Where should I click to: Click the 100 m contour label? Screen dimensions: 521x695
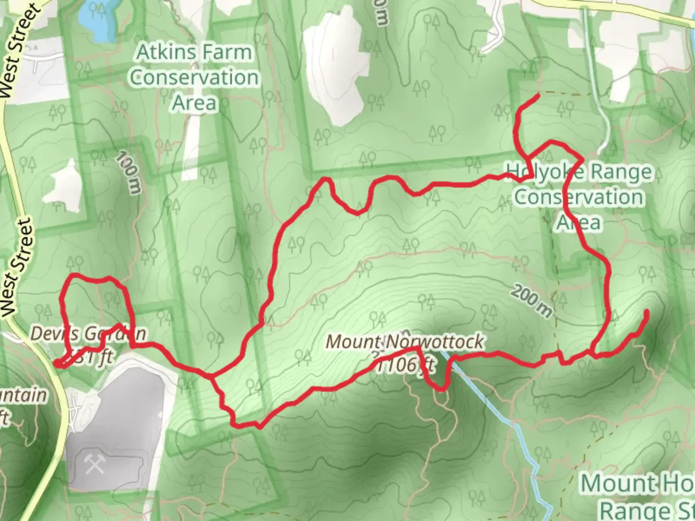point(129,172)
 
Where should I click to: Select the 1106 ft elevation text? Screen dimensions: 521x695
point(404,366)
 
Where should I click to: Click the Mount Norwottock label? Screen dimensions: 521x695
point(404,342)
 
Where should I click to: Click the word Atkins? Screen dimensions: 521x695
point(167,52)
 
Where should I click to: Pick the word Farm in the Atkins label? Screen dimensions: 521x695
point(228,52)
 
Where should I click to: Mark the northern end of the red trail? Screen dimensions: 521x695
point(538,97)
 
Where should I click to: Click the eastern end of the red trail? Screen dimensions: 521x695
point(646,313)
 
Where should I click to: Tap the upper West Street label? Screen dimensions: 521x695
point(18,48)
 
